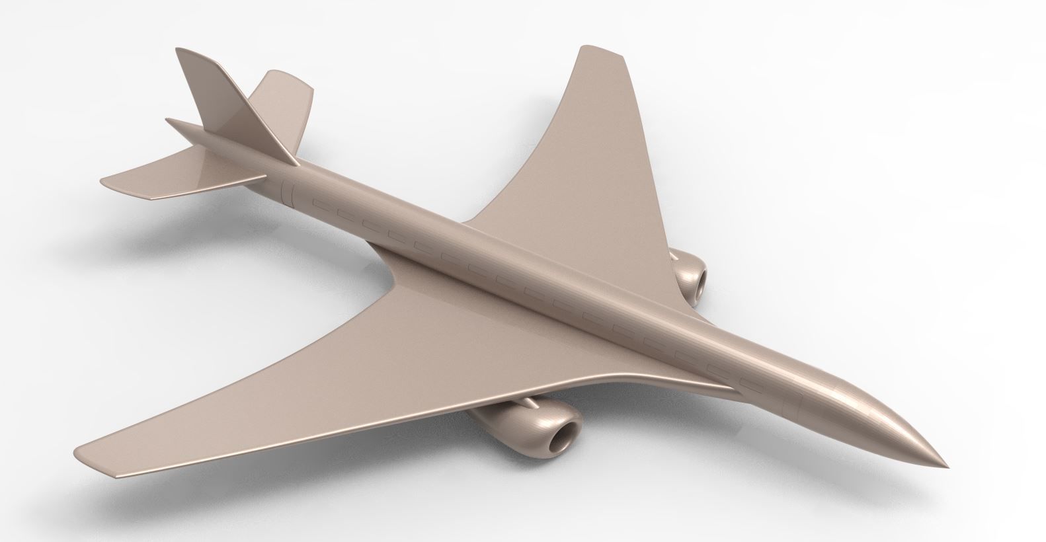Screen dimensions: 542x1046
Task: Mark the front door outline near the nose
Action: (800, 403)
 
